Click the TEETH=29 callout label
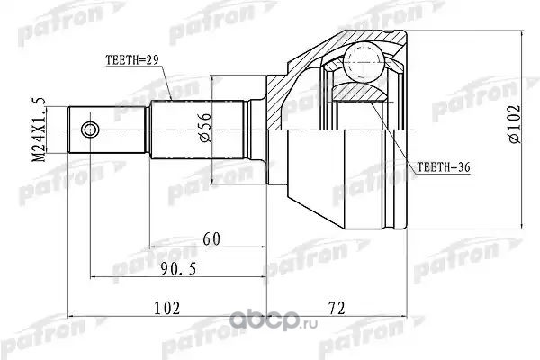132,60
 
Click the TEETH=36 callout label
444,167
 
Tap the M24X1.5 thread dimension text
39,130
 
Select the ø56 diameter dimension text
204,128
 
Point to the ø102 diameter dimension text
514,124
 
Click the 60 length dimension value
211,239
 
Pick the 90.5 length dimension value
179,269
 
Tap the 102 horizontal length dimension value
167,308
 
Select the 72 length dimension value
337,308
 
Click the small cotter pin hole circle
89,130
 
